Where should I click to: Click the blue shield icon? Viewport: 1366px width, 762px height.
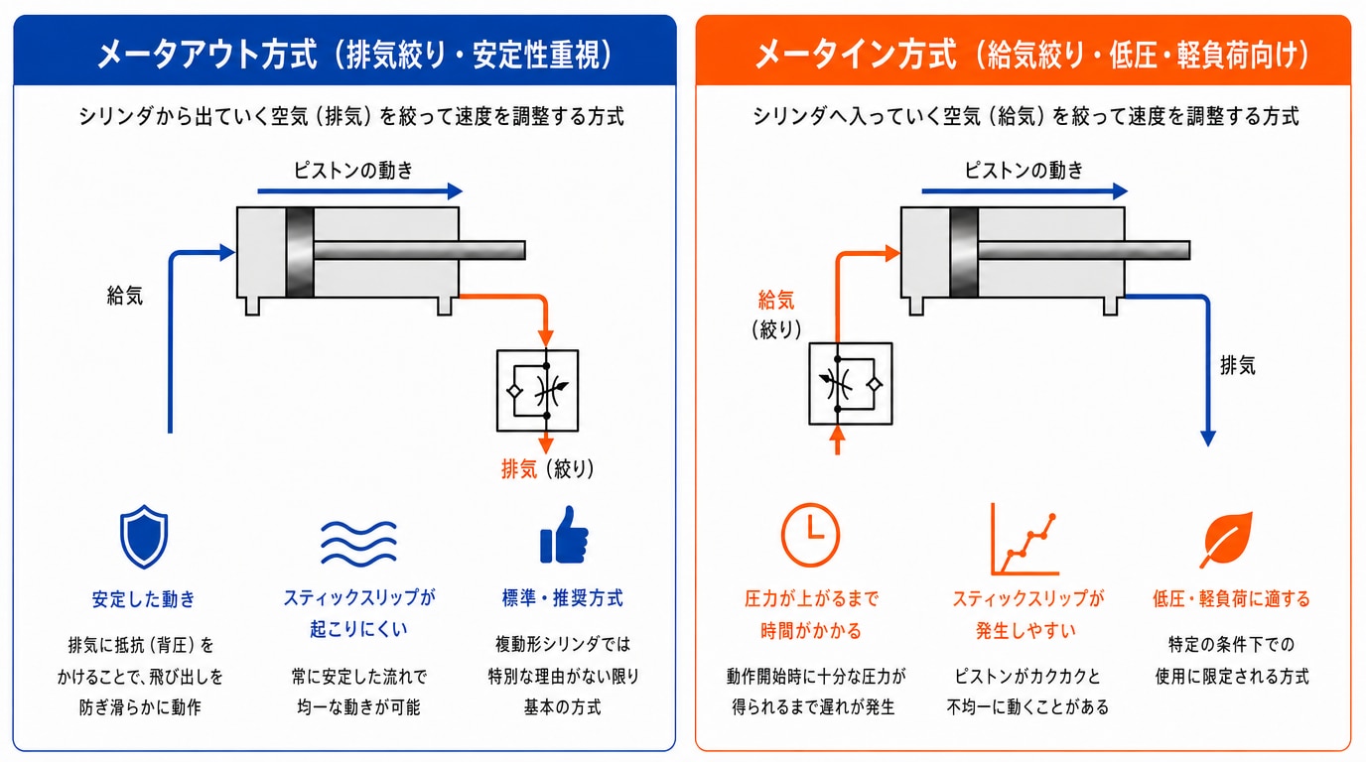[x=144, y=537]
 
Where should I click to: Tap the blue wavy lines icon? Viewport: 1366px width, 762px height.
[x=358, y=543]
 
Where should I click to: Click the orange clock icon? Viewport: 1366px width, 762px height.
[x=810, y=535]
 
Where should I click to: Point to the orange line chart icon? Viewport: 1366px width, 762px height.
[x=1024, y=540]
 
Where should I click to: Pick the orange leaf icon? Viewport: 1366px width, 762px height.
[x=1226, y=540]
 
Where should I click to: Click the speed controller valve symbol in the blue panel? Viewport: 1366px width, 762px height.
[x=537, y=391]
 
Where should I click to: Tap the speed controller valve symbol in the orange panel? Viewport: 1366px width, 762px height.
[x=851, y=383]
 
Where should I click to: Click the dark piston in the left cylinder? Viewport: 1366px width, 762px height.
[x=300, y=252]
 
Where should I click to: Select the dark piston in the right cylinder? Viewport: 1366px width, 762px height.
[x=964, y=252]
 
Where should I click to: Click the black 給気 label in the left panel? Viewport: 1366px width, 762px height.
[x=125, y=296]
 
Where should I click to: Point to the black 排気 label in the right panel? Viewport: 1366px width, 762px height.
[x=1238, y=366]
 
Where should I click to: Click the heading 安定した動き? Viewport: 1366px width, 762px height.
[x=143, y=599]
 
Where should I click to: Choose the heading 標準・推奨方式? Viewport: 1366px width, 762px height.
[x=562, y=598]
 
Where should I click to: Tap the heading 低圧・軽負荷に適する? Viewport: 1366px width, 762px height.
[x=1231, y=598]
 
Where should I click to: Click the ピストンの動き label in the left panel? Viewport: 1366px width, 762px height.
[x=353, y=170]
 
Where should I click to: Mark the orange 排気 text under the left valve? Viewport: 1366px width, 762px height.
[x=519, y=468]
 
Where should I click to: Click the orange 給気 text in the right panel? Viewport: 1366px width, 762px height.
[x=776, y=300]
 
